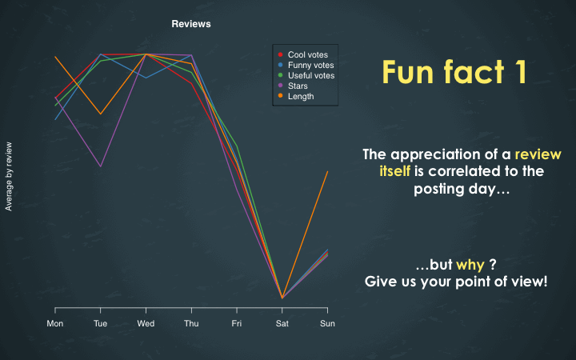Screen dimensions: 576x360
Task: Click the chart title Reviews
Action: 191,24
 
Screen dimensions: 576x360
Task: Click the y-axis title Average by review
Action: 9,176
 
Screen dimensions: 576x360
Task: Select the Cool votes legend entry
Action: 303,54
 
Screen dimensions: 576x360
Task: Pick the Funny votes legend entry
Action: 306,65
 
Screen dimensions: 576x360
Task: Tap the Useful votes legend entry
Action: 306,75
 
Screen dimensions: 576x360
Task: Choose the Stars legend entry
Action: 293,86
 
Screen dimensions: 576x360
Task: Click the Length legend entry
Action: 296,96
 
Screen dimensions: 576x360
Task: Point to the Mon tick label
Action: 55,323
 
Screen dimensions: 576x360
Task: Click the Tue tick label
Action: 100,323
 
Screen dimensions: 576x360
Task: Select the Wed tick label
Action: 146,323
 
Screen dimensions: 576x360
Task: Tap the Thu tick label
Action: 191,323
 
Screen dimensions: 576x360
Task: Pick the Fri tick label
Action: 237,323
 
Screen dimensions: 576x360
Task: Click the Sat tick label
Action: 282,323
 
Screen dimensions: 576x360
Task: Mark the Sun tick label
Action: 327,323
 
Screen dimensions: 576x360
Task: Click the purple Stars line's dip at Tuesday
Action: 100,166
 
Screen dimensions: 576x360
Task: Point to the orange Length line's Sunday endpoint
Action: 327,171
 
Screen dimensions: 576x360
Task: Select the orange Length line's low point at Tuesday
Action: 100,114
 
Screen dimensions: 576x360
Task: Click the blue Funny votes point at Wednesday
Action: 146,78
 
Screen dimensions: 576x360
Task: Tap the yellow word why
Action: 470,265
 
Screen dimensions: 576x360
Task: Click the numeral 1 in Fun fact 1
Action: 520,72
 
